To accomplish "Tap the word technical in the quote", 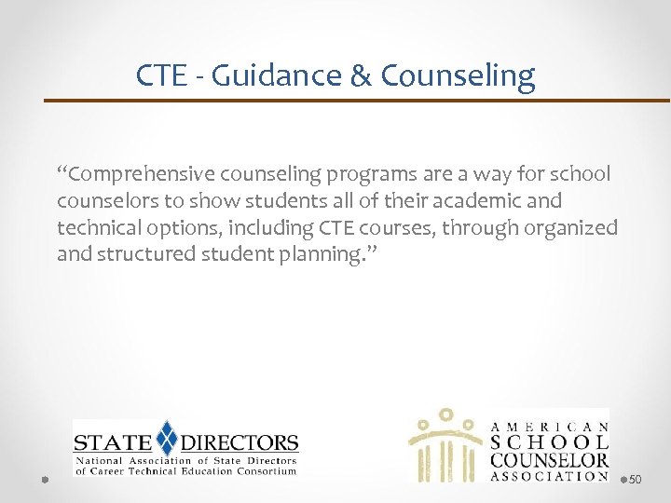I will pyautogui.click(x=96, y=227).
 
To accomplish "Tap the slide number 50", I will pyautogui.click(x=636, y=479).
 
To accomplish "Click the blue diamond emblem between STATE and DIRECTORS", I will pyautogui.click(x=167, y=437).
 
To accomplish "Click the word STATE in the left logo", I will pyautogui.click(x=113, y=443).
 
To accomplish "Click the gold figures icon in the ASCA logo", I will pyautogui.click(x=445, y=444).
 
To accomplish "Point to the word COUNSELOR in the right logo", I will pyautogui.click(x=549, y=458).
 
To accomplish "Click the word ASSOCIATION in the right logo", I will pyautogui.click(x=549, y=475).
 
